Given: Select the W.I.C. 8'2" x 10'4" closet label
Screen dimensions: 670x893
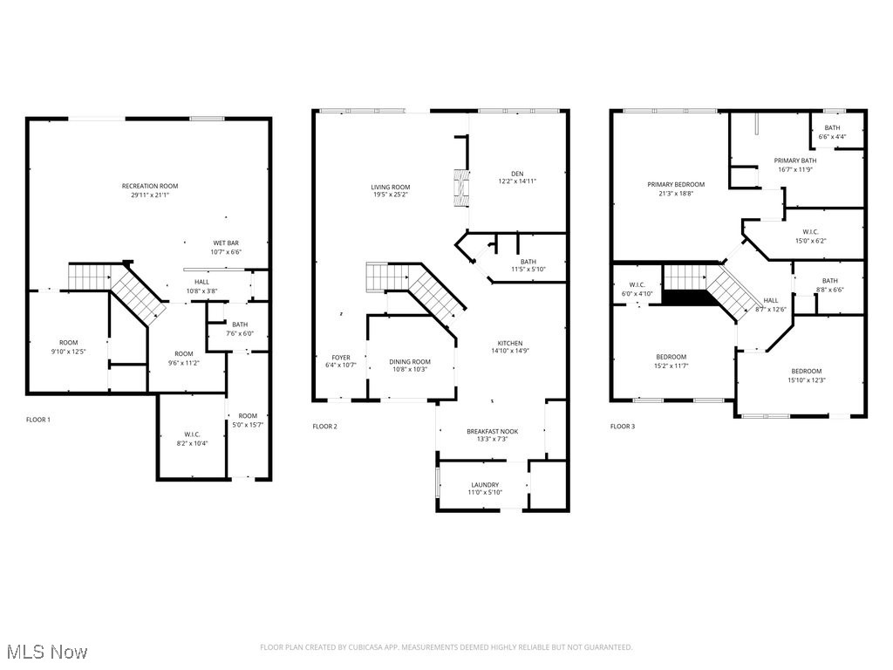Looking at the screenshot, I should pos(192,438).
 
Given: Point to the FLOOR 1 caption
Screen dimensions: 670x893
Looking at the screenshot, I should pos(38,420).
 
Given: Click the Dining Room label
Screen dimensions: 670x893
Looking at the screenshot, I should pos(410,366).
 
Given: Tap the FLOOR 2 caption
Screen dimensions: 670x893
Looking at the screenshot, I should pos(324,427).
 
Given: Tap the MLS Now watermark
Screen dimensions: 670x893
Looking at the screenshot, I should pos(46,652).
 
